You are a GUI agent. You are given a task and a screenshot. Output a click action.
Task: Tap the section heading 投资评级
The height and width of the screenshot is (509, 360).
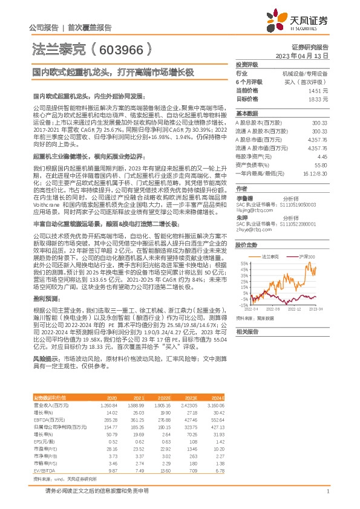coord(246,63)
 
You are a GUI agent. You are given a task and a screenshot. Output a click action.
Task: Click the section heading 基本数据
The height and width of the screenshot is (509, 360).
coord(246,113)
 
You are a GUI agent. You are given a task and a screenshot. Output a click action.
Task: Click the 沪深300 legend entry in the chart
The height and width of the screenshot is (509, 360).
coord(309,240)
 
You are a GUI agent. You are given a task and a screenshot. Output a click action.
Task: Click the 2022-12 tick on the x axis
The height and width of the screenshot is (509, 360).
coord(293,308)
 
